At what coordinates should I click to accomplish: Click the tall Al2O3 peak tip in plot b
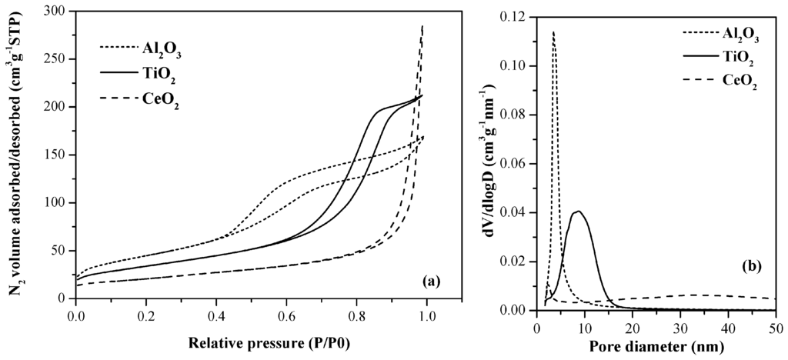pyautogui.click(x=553, y=32)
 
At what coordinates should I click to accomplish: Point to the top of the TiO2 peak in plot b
pyautogui.click(x=579, y=211)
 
